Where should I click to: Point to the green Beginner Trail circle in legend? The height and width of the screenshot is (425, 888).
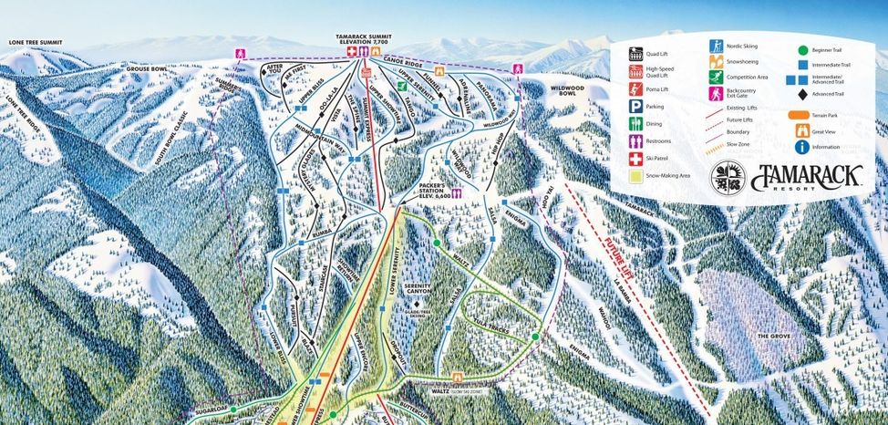click(x=801, y=50)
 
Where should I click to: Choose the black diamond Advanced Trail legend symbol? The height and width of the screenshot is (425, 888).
click(x=801, y=94)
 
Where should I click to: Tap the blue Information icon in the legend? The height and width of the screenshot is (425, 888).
click(x=801, y=147)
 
